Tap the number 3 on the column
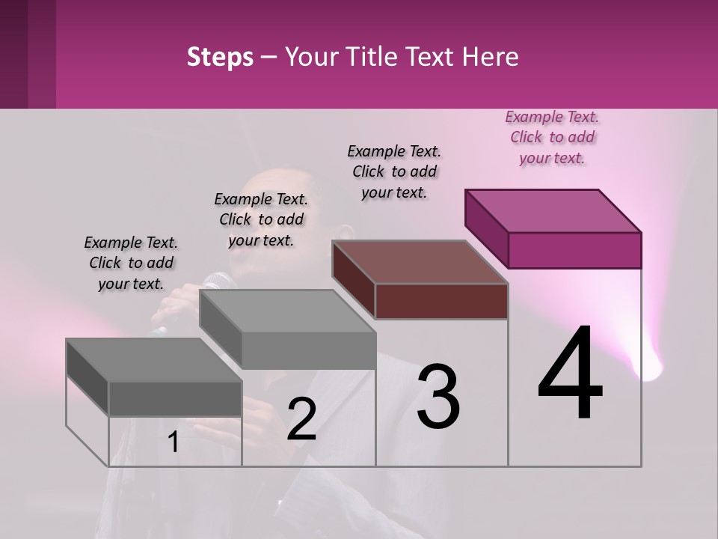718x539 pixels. point(438,396)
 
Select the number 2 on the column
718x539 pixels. point(301,419)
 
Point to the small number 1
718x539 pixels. point(174,442)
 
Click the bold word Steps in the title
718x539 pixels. point(220,57)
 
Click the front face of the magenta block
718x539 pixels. point(574,250)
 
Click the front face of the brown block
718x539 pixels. point(441,302)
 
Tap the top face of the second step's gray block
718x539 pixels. point(287,311)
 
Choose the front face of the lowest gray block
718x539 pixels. point(175,398)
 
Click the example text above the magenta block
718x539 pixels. point(552,138)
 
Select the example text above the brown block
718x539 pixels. point(394,171)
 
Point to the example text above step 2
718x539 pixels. point(261,219)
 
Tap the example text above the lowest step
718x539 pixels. point(131,263)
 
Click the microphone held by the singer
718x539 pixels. point(218,282)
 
